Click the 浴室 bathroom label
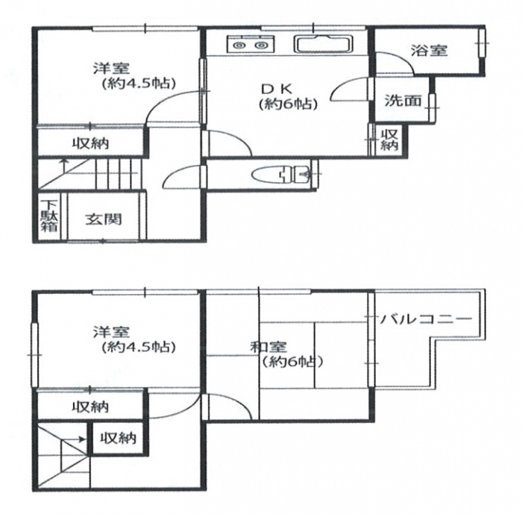coord(429,51)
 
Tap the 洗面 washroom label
coord(403,101)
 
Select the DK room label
coord(277,89)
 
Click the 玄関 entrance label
coord(104,219)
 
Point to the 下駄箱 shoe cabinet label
coord(50,216)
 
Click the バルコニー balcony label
coord(426,319)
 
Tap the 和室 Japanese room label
coord(268,347)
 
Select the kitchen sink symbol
coord(323,44)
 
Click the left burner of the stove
coord(239,46)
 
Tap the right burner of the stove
coord(261,46)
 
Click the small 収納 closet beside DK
coord(389,140)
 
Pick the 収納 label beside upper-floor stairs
coord(119,438)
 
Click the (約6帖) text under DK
coord(289,104)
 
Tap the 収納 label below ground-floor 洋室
coord(91,144)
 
